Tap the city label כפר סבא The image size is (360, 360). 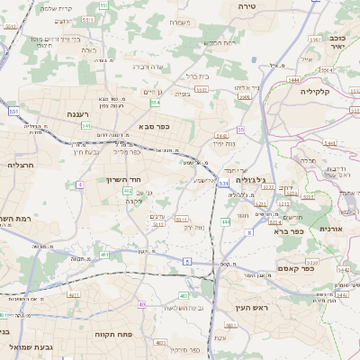[x=153, y=128]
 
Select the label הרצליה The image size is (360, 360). [x=20, y=165]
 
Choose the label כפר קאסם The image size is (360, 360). [x=295, y=267]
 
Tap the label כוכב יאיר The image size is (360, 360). [x=338, y=45]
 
